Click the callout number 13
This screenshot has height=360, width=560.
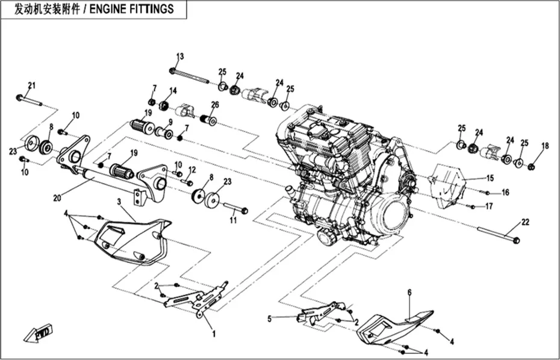click(179, 57)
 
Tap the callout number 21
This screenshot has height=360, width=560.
click(32, 85)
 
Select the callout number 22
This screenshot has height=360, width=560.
click(525, 222)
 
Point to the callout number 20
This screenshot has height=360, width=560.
click(57, 197)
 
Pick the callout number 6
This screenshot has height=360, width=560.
click(409, 293)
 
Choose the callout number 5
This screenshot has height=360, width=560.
click(270, 319)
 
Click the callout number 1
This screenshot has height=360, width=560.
click(214, 334)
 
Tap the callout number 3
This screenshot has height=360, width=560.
click(119, 202)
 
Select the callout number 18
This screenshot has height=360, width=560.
click(544, 146)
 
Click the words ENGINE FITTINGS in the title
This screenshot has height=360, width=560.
click(131, 9)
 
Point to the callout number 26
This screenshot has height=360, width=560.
click(214, 105)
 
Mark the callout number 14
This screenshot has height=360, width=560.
click(173, 91)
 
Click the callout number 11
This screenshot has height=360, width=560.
click(233, 220)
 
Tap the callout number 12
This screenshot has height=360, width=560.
click(192, 170)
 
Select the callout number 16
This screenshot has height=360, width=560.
click(505, 193)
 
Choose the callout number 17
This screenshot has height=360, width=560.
click(489, 206)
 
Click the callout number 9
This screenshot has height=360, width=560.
click(170, 122)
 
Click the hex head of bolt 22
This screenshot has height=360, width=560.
click(515, 241)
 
